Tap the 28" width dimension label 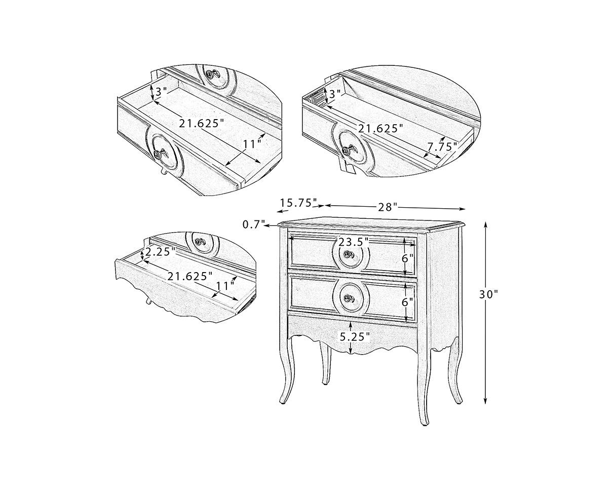388,207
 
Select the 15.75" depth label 298,203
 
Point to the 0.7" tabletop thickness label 254,224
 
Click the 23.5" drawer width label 354,242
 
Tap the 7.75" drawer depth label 442,146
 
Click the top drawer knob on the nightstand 348,254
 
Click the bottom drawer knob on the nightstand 348,298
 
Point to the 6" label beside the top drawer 407,258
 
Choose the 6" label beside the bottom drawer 407,302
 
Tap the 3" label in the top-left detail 161,92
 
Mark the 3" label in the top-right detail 335,93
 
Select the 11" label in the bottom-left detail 225,285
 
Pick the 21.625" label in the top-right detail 381,129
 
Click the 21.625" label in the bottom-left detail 190,276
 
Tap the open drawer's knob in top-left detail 159,154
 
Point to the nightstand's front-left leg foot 283,402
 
